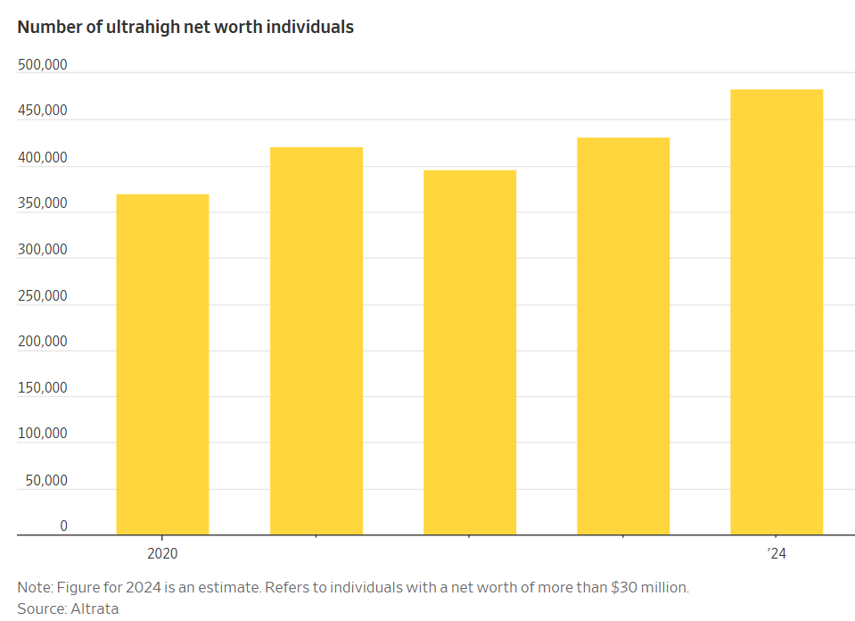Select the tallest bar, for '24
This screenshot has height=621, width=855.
tap(776, 312)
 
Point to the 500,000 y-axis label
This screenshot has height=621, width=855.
tap(42, 65)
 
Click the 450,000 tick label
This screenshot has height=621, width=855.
tap(42, 112)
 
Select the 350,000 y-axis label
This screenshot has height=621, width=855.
tap(42, 203)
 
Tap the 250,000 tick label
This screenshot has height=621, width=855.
tap(42, 295)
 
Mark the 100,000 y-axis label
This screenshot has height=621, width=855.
tap(42, 434)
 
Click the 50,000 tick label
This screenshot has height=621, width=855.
tap(45, 480)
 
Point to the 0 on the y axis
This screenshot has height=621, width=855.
tap(63, 526)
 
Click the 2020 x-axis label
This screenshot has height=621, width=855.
tap(162, 553)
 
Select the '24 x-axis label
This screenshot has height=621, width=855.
tap(777, 553)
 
